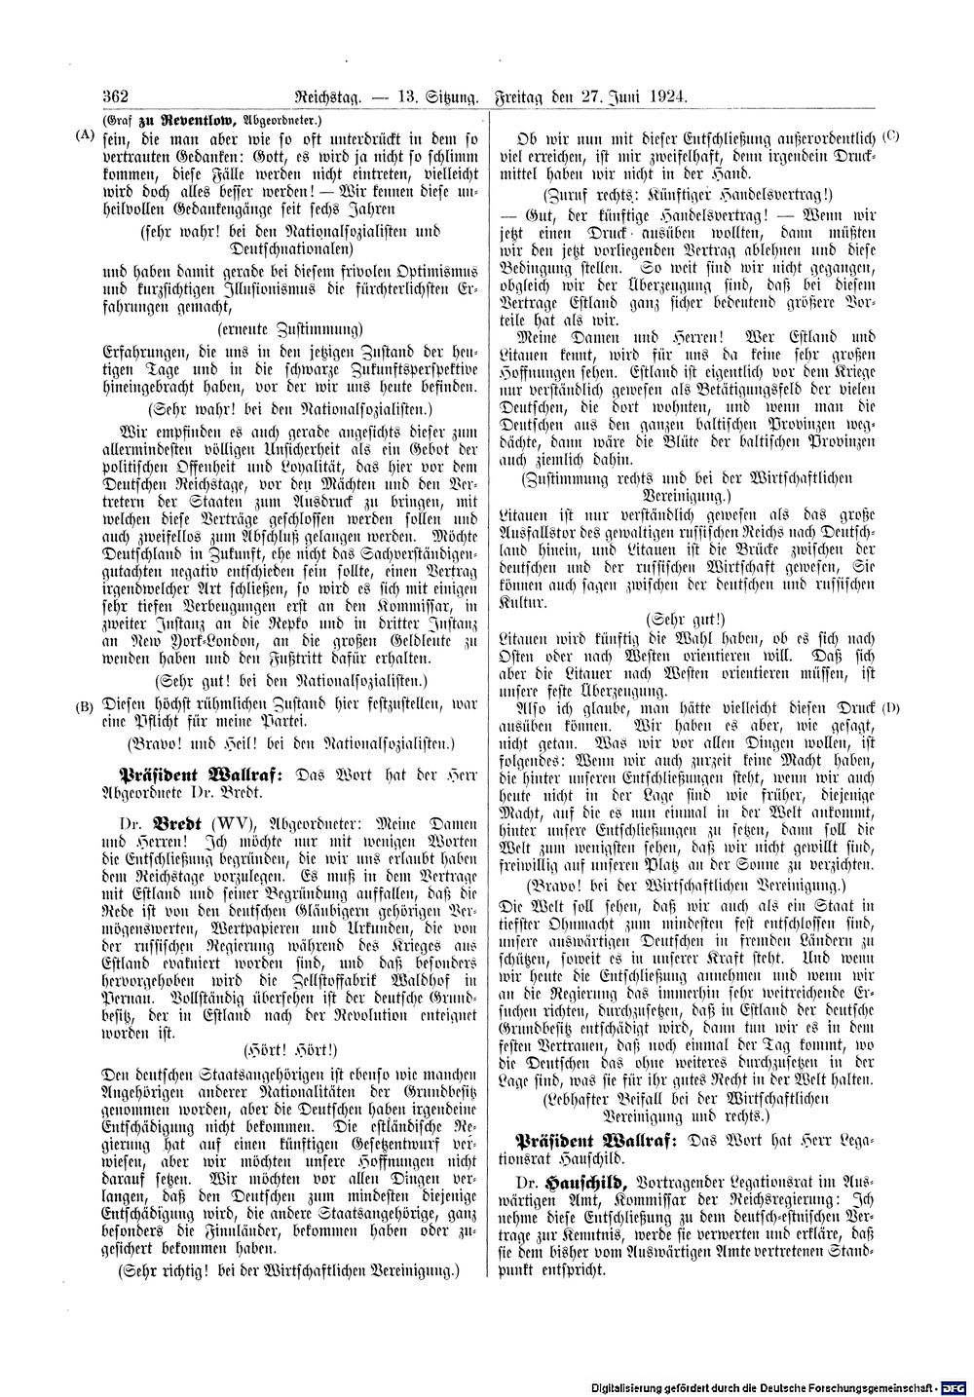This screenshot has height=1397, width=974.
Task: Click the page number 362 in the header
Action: pos(115,95)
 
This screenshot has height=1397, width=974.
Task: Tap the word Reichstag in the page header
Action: pos(313,95)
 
